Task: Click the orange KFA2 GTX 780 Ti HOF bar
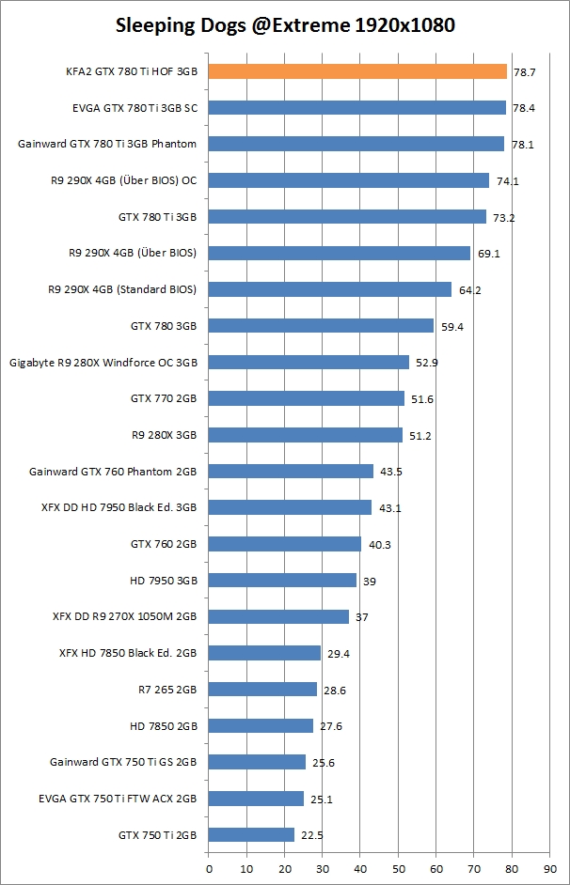(x=357, y=71)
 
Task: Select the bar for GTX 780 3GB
(x=321, y=325)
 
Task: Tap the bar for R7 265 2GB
(x=262, y=690)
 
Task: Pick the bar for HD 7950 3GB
(x=282, y=581)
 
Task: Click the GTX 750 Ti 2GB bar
(x=251, y=834)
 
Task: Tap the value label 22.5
(x=313, y=835)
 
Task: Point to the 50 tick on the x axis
(x=398, y=869)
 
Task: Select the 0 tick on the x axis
(x=209, y=869)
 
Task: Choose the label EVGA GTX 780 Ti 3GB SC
(x=135, y=108)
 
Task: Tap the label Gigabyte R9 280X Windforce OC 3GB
(x=103, y=362)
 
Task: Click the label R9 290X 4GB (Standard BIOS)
(x=122, y=289)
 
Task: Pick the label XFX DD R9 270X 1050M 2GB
(x=125, y=616)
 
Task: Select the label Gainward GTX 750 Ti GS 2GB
(x=123, y=762)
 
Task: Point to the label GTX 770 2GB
(x=164, y=398)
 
